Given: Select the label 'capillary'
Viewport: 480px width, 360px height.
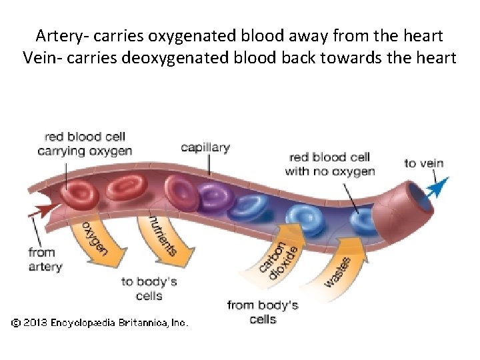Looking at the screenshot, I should (205, 147).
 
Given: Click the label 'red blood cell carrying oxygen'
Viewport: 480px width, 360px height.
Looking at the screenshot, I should (85, 144).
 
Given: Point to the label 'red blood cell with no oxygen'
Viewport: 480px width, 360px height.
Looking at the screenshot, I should (329, 164).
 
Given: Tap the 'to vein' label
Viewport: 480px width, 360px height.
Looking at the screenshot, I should (423, 163).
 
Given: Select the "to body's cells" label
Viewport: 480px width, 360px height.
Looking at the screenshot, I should (149, 289).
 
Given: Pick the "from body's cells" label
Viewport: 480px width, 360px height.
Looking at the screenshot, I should (262, 312).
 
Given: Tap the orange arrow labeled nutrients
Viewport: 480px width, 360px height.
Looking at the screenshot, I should (163, 237).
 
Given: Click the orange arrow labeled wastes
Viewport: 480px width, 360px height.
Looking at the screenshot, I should (340, 267).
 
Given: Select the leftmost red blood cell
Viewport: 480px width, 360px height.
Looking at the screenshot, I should (79, 193).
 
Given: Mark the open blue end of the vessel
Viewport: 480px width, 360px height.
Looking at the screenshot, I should (420, 193).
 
